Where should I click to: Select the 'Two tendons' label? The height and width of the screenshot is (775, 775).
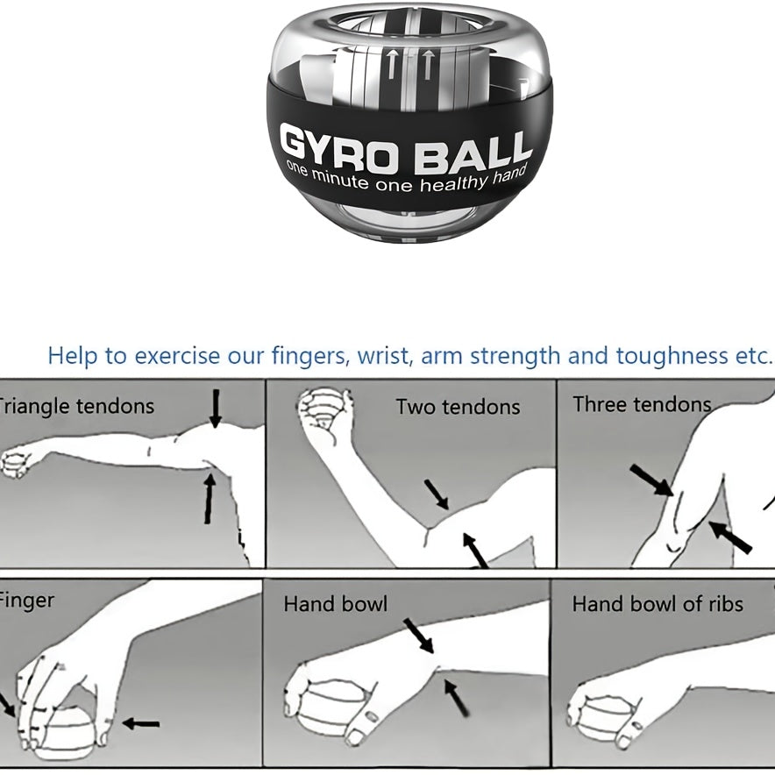coord(457,407)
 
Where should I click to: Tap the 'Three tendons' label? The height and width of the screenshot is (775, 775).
coord(642,404)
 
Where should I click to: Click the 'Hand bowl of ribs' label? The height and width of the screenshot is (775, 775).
coord(657,604)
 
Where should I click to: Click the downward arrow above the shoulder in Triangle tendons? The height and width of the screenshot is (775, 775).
coord(216,409)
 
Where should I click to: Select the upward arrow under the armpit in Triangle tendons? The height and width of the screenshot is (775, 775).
coord(210,497)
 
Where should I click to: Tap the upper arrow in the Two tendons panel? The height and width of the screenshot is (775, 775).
coord(436,494)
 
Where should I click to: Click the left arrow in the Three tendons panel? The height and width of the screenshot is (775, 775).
coord(651,480)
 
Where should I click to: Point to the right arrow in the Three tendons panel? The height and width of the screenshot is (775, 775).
coord(730,537)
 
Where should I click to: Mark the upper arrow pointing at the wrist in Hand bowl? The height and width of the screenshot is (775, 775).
coord(419,636)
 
